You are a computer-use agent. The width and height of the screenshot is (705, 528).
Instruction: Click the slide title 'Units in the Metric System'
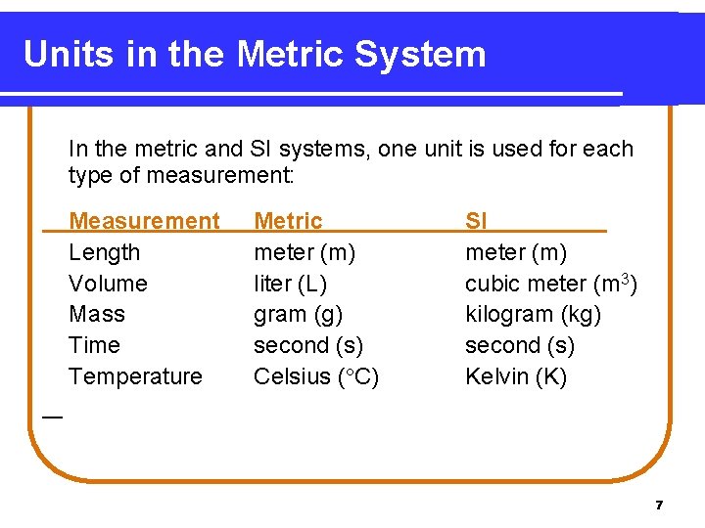coord(255,54)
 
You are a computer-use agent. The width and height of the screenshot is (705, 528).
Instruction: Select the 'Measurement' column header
coord(145,221)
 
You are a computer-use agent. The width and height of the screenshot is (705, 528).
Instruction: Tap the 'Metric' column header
coord(288,221)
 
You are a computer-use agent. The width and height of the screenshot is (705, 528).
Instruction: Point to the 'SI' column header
coord(476,221)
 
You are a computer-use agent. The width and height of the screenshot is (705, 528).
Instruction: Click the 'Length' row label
coord(104,252)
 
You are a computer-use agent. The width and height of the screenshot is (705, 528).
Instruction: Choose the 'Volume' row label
coord(108,284)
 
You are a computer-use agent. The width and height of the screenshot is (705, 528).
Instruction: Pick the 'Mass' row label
coord(97,314)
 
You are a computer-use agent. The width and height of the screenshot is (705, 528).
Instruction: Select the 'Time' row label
coord(94,345)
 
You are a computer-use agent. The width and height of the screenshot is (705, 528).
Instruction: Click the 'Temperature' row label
coord(135,376)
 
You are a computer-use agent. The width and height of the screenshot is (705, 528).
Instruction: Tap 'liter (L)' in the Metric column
coord(290,284)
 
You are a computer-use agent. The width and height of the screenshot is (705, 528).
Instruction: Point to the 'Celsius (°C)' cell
coord(316,376)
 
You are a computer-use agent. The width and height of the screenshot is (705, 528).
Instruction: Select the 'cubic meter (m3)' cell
coord(551,284)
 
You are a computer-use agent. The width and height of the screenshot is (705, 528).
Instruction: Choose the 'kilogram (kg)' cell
coord(533,314)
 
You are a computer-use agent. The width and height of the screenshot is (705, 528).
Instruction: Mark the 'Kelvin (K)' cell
coord(515,376)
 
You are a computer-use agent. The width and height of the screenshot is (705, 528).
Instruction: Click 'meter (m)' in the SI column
coord(515,252)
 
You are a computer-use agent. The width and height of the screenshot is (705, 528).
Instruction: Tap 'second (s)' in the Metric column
coord(308,345)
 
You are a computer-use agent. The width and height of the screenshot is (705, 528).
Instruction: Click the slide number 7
coord(659,506)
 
